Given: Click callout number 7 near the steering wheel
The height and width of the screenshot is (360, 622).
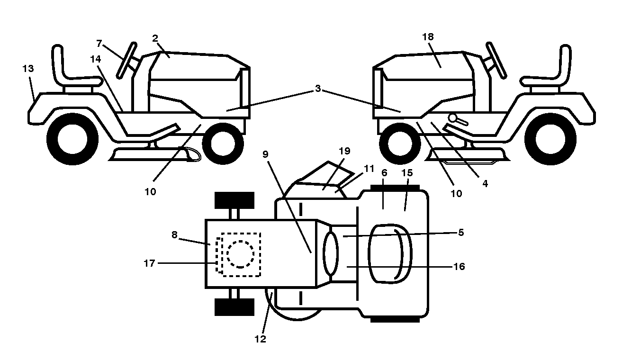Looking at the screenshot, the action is [99, 43].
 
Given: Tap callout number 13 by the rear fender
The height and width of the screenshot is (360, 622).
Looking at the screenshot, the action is [28, 68].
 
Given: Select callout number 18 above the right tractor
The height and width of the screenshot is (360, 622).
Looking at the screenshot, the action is [428, 36].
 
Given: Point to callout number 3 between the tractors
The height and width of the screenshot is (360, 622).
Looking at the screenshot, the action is [318, 88].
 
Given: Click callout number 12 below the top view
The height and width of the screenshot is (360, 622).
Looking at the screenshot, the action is [260, 339].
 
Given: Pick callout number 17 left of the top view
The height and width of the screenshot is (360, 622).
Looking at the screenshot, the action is [149, 263].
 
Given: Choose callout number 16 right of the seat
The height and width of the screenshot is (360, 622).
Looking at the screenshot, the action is [459, 267].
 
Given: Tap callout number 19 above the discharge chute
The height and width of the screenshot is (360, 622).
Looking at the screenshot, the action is [344, 151].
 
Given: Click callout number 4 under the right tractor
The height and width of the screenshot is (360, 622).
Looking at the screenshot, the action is [485, 183].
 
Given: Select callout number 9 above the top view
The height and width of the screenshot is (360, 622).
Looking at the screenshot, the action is [265, 154].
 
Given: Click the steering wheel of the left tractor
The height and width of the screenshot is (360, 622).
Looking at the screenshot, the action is [126, 60].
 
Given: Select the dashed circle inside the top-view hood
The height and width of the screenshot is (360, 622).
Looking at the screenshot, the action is [240, 254].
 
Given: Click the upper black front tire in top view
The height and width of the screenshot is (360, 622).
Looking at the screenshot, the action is [234, 200].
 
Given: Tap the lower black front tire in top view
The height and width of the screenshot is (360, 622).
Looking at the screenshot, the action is [234, 307].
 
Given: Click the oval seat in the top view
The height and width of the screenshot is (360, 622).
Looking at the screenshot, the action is [390, 254].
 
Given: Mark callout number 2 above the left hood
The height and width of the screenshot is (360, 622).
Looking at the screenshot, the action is [155, 38].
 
